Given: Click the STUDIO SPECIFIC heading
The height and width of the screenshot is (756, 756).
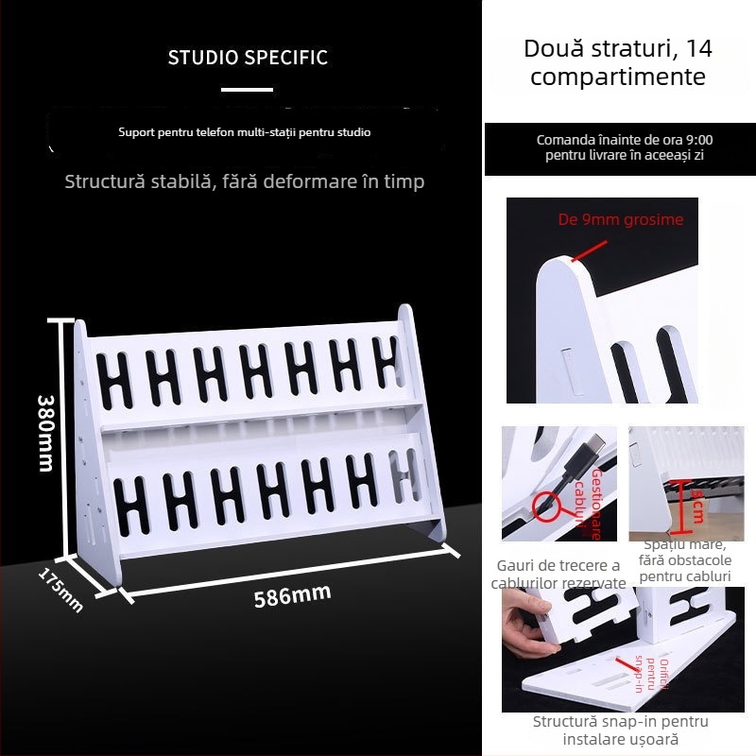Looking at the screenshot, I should coord(248,58).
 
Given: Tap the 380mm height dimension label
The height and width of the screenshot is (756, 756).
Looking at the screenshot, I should coord(45,433).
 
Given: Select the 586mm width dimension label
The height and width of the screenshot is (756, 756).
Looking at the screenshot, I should coord(292,596).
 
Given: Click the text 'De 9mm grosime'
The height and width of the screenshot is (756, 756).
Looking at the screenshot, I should coord(620,220).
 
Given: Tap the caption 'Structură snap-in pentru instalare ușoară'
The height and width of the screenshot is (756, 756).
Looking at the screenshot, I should coord(620,730).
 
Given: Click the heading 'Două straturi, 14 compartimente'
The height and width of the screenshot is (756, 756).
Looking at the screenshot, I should coord(618,62).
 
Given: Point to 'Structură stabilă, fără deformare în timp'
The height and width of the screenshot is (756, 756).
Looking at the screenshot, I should coord(244,181).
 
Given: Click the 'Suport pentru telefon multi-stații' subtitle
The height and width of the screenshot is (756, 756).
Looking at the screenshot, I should coord(244,132).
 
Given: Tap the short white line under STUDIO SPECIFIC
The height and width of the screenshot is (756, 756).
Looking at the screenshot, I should coord(247,91).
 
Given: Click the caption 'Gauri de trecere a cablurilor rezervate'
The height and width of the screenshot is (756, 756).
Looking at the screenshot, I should coord(558,575).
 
